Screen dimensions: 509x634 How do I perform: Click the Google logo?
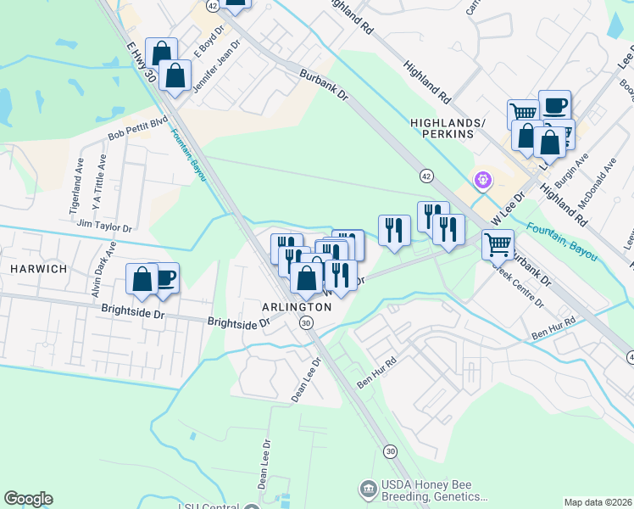(28, 499)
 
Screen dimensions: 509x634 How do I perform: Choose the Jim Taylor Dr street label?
(104, 227)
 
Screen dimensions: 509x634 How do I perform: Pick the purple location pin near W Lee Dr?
(483, 180)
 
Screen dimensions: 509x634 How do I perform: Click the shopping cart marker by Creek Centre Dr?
(498, 244)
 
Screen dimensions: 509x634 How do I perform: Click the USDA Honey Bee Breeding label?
(435, 490)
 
